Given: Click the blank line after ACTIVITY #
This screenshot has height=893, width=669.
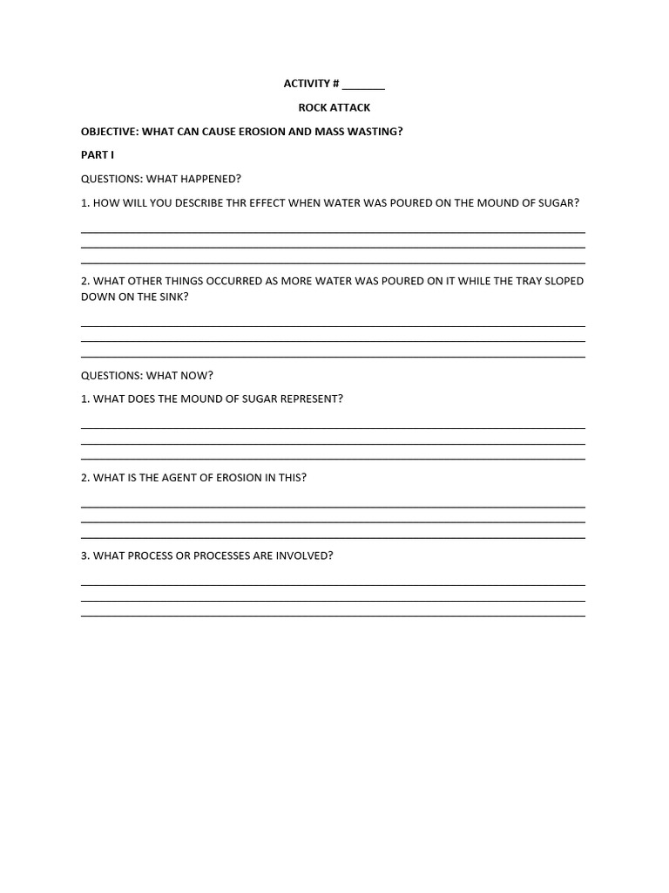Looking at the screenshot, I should click(x=363, y=86).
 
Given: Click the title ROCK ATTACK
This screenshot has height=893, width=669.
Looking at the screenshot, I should click(x=334, y=107).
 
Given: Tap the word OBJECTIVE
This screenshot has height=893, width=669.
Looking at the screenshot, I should click(x=109, y=132).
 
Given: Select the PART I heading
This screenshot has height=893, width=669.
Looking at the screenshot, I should click(x=98, y=155).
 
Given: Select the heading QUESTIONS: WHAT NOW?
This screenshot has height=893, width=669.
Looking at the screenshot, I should click(x=147, y=376).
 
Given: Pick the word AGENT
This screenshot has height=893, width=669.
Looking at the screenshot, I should click(x=179, y=478).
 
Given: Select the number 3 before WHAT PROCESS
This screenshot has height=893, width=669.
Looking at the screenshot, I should click(x=84, y=556).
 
